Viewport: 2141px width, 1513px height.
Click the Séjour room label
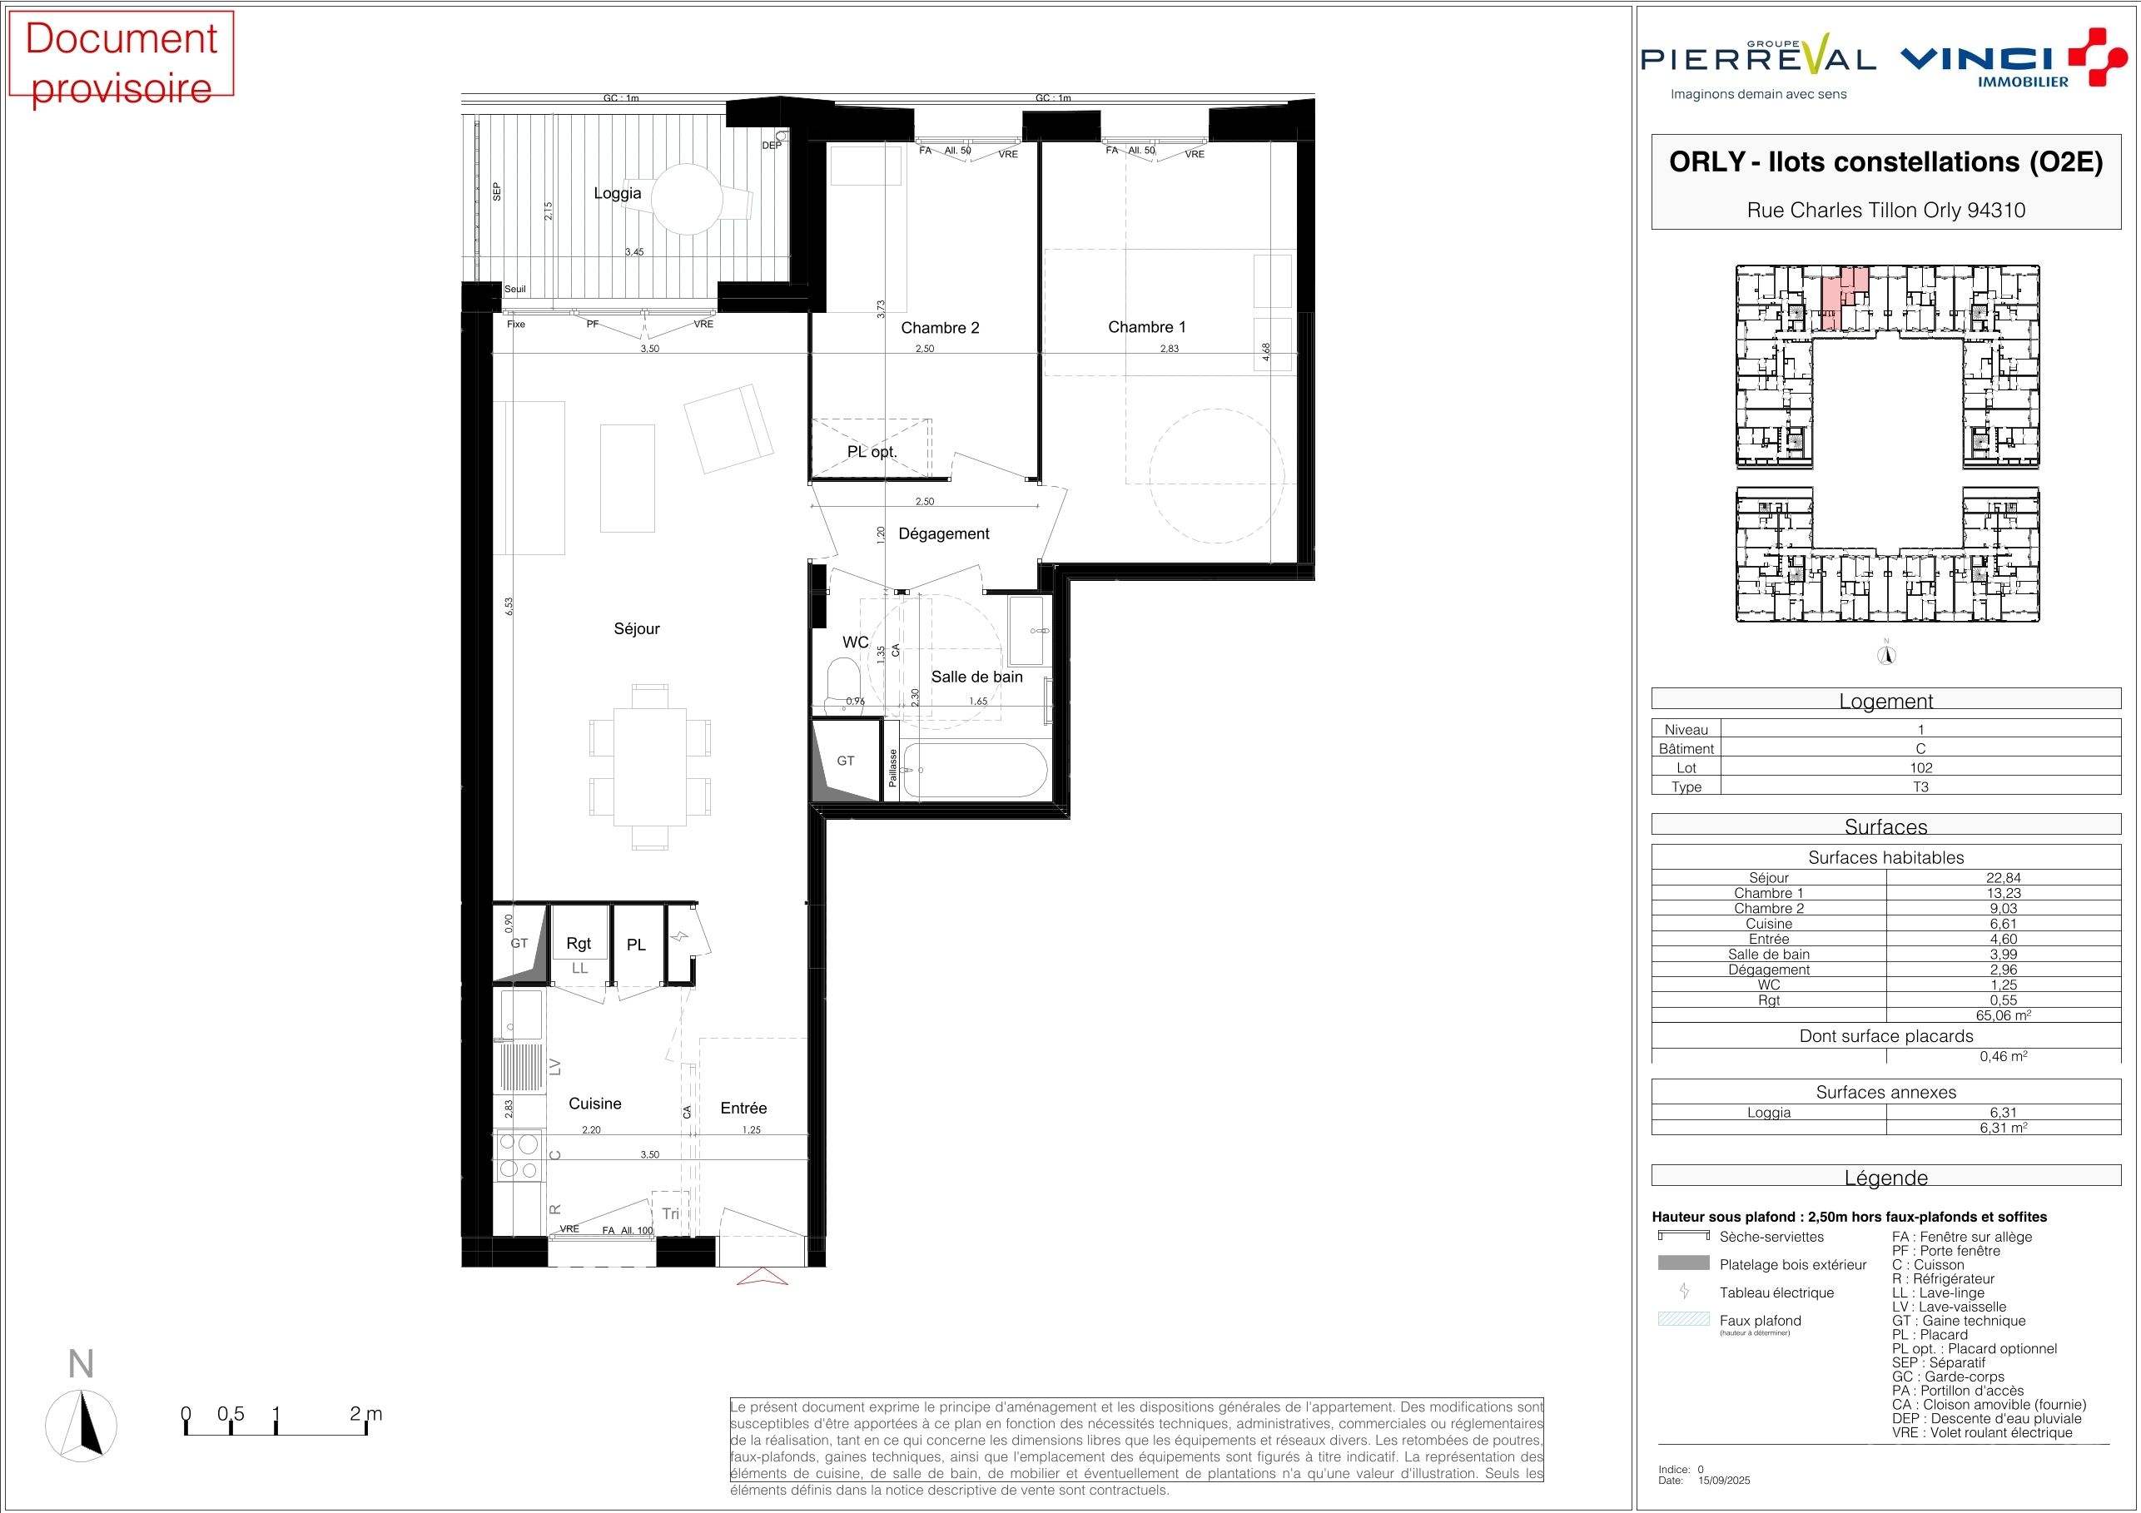point(636,628)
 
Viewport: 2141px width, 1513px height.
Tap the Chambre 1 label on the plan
point(1146,326)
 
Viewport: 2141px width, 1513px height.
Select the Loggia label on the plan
point(618,193)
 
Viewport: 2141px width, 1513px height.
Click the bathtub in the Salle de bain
point(976,770)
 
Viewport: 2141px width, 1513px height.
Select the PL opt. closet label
point(872,452)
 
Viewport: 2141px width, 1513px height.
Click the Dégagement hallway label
point(944,533)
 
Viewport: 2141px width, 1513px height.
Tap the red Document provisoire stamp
point(121,55)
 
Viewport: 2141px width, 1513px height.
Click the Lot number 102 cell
point(1921,768)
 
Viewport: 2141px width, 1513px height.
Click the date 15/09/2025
point(1725,1481)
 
